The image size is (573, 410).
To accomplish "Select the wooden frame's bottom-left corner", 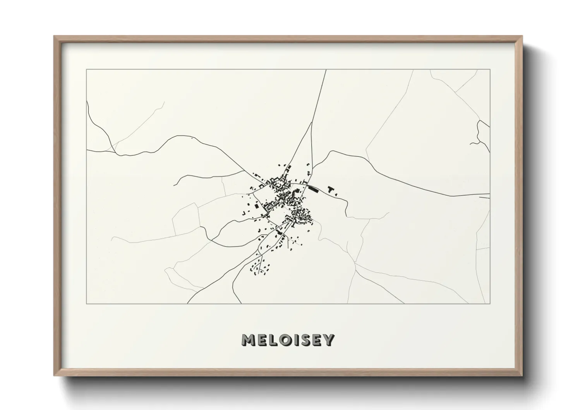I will [x=55, y=376].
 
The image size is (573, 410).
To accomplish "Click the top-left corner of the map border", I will [x=87, y=70].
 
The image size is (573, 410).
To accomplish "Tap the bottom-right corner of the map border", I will [x=490, y=303].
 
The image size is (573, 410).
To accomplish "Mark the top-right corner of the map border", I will [x=490, y=70].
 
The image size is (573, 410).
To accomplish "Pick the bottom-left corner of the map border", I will [x=87, y=303].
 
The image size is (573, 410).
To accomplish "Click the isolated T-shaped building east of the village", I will [x=331, y=189].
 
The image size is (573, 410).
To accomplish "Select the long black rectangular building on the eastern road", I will [x=313, y=189].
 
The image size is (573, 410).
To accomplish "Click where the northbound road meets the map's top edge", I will [x=326, y=70].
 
